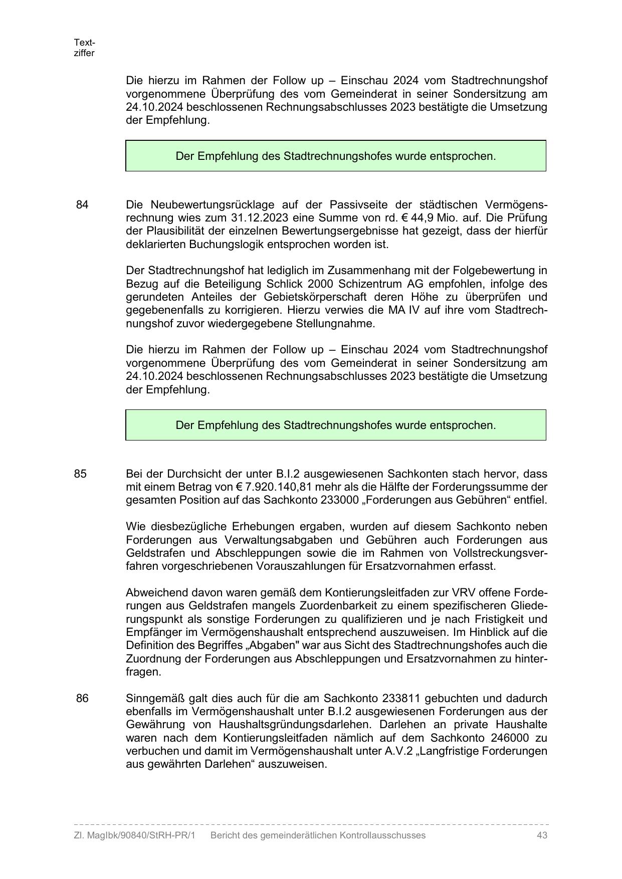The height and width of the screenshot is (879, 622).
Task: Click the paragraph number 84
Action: (82, 204)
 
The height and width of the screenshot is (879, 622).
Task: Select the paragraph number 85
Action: (80, 474)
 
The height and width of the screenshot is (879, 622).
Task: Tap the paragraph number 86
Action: (82, 698)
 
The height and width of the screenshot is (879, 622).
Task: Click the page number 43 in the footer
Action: (541, 835)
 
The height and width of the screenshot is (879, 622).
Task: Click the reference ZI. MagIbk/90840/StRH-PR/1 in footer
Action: (134, 835)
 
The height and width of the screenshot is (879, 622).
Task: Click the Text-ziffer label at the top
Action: (84, 48)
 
